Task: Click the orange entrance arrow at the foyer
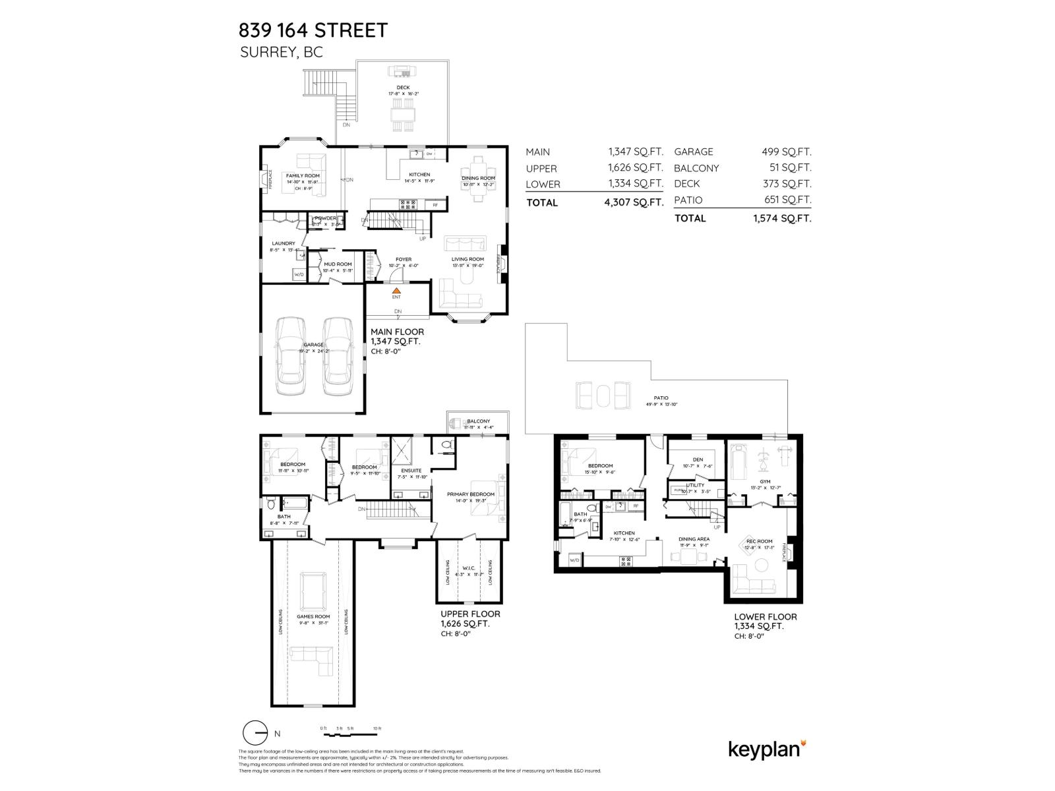(396, 289)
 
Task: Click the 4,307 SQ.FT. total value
(633, 203)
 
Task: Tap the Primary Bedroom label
(470, 494)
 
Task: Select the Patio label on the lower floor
(661, 398)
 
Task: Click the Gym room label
(765, 482)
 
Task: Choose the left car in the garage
(291, 356)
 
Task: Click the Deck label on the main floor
(403, 88)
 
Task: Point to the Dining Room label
(478, 178)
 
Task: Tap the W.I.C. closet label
(469, 568)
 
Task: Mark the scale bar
(349, 733)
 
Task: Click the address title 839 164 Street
(313, 30)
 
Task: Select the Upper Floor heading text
(470, 614)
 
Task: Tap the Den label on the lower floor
(698, 459)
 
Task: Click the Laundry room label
(283, 244)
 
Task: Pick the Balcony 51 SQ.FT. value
(790, 168)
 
